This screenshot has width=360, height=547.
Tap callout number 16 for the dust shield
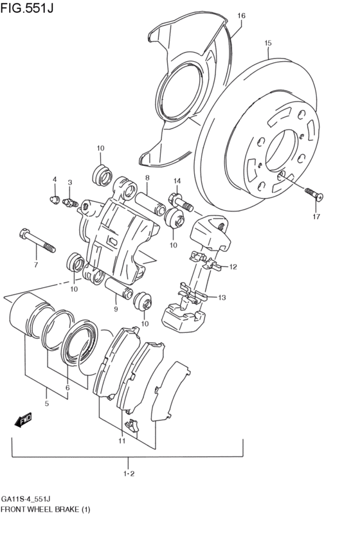[241, 15]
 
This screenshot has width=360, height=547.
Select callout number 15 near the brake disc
[268, 44]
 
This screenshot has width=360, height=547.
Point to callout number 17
[316, 217]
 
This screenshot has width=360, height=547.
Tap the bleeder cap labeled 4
[55, 199]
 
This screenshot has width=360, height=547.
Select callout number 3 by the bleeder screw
[70, 183]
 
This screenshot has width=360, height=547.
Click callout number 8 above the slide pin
[147, 178]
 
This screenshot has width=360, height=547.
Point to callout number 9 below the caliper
[116, 309]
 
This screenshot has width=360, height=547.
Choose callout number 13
[222, 298]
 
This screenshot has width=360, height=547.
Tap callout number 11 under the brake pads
[121, 441]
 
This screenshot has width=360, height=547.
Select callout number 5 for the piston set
[46, 404]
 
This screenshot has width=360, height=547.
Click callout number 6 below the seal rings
[67, 388]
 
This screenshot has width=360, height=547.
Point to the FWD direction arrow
[24, 421]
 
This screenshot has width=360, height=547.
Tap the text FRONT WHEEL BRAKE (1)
[45, 510]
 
